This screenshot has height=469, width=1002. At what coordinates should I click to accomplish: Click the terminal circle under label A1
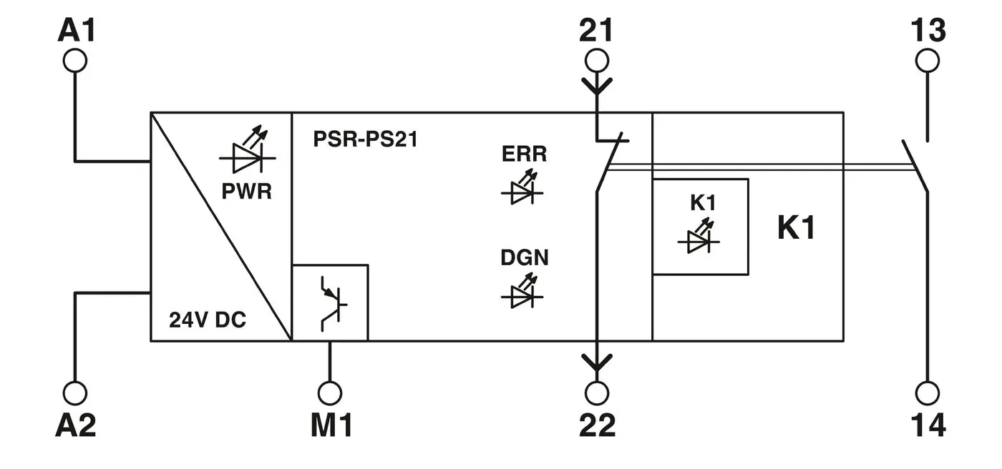click(x=74, y=61)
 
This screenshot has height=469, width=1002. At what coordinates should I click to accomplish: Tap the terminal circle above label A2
click(x=74, y=393)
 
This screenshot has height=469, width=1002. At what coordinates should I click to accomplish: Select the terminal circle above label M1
click(x=330, y=393)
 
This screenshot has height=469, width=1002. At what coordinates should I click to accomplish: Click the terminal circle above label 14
click(x=928, y=393)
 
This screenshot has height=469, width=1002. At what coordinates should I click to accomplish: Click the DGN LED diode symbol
click(x=522, y=295)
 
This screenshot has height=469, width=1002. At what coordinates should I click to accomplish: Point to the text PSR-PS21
click(x=365, y=139)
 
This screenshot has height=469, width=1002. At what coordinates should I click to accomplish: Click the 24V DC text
click(x=208, y=320)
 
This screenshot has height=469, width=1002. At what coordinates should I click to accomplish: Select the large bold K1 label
click(x=796, y=229)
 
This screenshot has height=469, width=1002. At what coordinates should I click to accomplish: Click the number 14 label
click(x=928, y=426)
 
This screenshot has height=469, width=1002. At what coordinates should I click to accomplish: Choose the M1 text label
click(x=331, y=426)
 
